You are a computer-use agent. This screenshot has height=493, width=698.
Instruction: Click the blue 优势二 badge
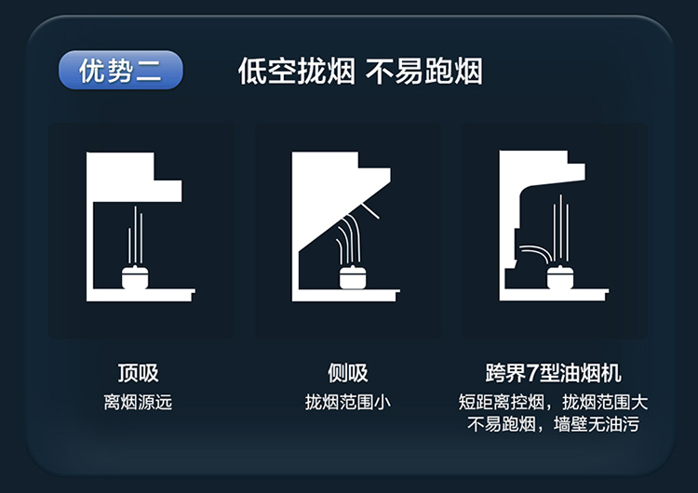click(120, 71)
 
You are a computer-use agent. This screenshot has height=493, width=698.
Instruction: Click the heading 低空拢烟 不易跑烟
click(359, 71)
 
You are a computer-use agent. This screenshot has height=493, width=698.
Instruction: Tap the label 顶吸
click(138, 374)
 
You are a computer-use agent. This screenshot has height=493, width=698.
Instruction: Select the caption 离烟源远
click(138, 403)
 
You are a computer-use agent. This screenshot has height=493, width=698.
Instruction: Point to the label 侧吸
click(348, 374)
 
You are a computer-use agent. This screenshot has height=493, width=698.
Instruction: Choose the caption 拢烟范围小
click(348, 403)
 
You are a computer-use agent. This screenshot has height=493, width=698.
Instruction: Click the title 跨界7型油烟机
click(554, 374)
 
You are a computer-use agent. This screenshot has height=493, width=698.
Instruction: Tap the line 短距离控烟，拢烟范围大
click(554, 403)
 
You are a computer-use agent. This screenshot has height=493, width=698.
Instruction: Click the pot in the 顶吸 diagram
click(138, 276)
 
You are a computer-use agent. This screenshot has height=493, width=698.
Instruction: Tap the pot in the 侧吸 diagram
click(354, 277)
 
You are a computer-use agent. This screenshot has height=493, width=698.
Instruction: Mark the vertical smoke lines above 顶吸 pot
click(137, 233)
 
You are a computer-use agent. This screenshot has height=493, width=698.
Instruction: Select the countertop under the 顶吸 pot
click(140, 295)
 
